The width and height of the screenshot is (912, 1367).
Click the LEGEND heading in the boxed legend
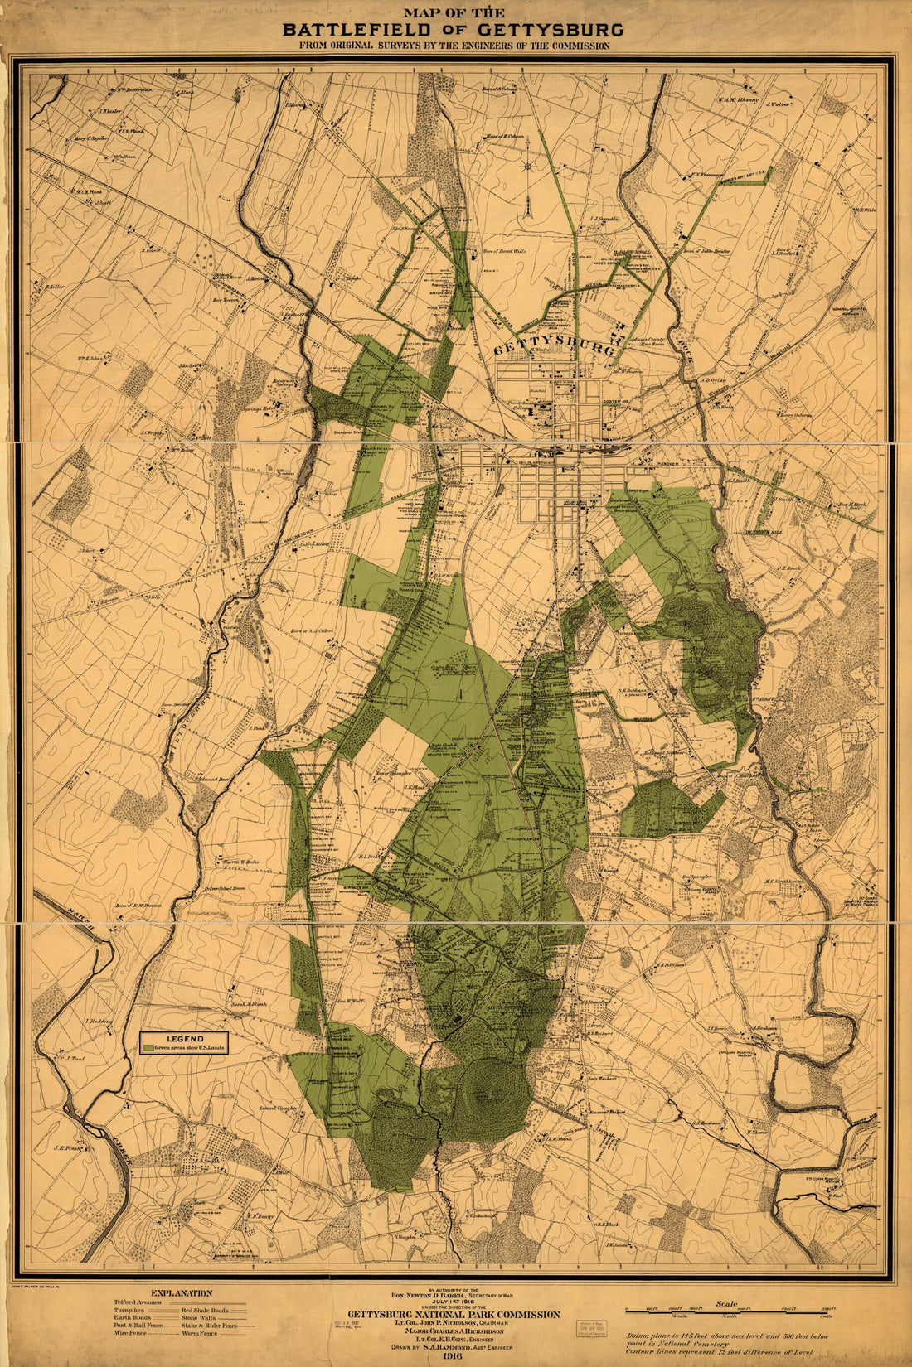pyautogui.click(x=185, y=1038)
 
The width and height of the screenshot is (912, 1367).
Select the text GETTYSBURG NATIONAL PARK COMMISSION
pyautogui.click(x=454, y=1314)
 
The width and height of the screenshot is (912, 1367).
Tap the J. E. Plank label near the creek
pyautogui.click(x=65, y=1148)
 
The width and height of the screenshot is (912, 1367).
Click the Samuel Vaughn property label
pyautogui.click(x=277, y=1109)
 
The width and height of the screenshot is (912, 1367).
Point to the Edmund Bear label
pyautogui.click(x=213, y=780)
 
